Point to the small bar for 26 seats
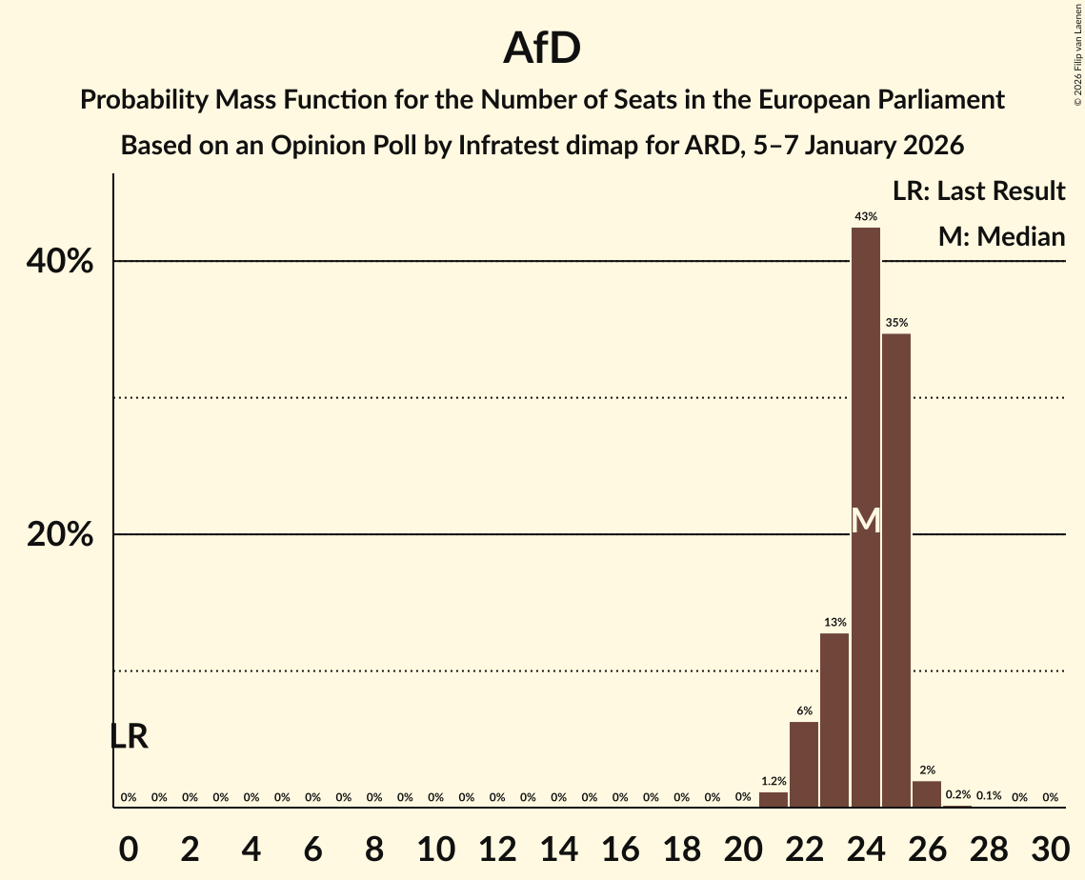coord(927,794)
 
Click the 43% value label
coord(866,217)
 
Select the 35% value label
coord(896,323)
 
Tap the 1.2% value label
coord(774,781)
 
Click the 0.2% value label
coord(957,794)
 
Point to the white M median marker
coord(866,520)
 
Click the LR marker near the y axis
coord(129,736)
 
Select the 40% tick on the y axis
coord(60,262)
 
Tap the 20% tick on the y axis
coord(60,535)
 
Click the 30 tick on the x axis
coord(1050,847)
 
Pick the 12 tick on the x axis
coord(496,847)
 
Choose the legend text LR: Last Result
coord(978,191)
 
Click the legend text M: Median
coord(1001,236)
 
